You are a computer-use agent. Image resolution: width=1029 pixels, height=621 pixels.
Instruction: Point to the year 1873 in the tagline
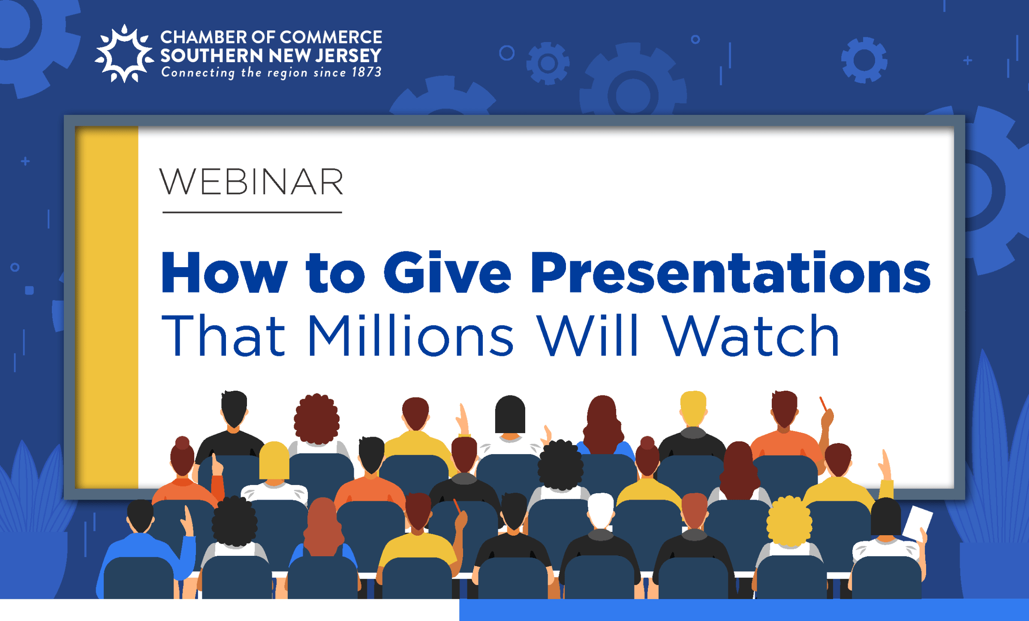point(367,72)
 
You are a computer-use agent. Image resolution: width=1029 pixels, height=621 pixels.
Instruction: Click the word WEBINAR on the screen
point(252,182)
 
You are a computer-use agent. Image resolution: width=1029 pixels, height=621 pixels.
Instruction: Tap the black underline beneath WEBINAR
point(252,212)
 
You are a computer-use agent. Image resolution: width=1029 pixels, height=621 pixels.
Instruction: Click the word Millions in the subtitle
point(410,336)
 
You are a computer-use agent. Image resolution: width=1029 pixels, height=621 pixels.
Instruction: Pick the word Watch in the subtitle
point(751,336)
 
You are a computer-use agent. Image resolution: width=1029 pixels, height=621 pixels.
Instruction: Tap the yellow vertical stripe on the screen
point(107,307)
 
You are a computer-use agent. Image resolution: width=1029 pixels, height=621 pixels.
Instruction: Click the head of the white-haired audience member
point(601,510)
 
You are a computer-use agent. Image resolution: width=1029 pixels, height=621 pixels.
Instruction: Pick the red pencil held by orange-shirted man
point(823,404)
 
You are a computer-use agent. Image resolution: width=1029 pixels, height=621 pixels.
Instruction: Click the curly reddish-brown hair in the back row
point(317,419)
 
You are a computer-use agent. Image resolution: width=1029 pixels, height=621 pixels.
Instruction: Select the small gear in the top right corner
point(864,60)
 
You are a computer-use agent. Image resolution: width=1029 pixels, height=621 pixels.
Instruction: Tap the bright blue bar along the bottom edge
point(744,610)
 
